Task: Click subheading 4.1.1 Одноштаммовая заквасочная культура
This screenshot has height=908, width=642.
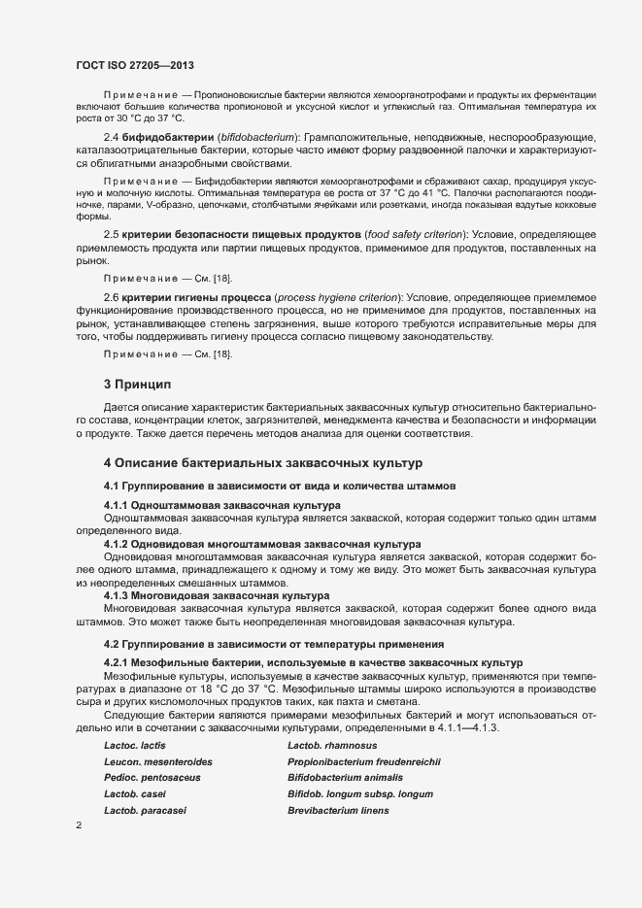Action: pyautogui.click(x=222, y=506)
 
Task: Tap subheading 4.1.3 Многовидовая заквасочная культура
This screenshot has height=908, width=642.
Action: pyautogui.click(x=218, y=595)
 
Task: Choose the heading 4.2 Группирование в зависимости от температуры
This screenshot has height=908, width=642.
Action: pyautogui.click(x=274, y=644)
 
